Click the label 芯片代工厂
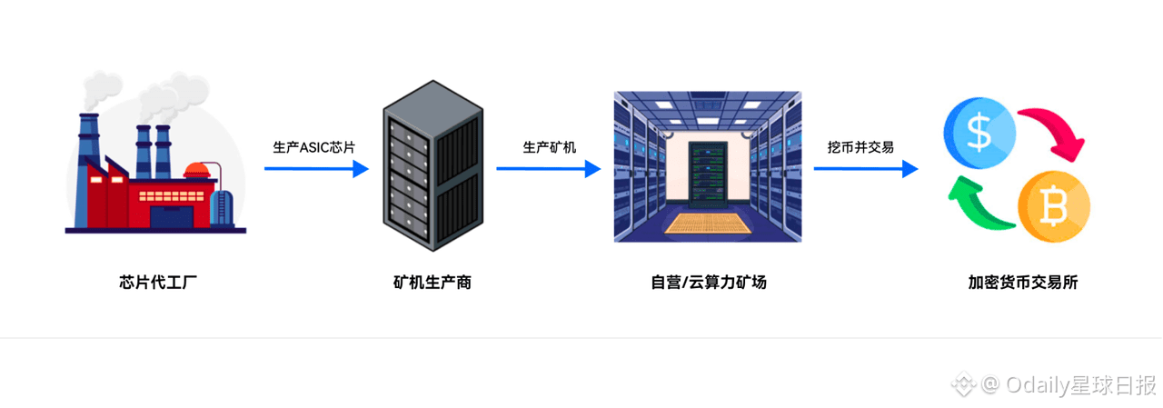tap(158, 282)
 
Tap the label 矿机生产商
tap(432, 282)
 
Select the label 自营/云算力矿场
tap(708, 282)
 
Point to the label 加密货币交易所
tap(1023, 282)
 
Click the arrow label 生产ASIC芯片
tap(314, 147)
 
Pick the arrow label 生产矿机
tap(549, 147)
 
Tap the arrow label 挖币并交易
tap(860, 147)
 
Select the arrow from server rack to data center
tap(548, 168)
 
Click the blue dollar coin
tap(979, 132)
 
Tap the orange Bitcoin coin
tap(1052, 208)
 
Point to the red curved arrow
tap(1054, 133)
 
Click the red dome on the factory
tap(197, 170)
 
